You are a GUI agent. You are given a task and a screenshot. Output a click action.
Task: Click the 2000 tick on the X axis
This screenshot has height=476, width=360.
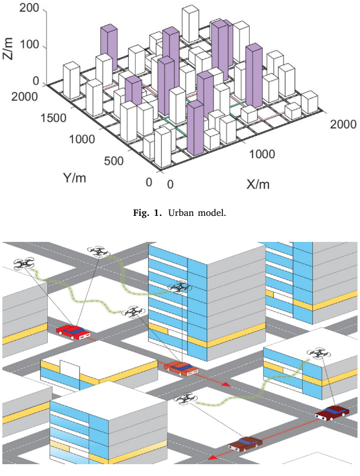[x=342, y=124]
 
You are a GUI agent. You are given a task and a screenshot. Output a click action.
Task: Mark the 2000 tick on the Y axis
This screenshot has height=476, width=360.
[x=19, y=97]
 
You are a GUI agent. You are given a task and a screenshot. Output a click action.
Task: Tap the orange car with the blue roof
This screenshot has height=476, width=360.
[x=182, y=368]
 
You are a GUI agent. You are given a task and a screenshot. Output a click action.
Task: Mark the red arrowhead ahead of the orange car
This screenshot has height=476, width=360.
[x=226, y=384]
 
